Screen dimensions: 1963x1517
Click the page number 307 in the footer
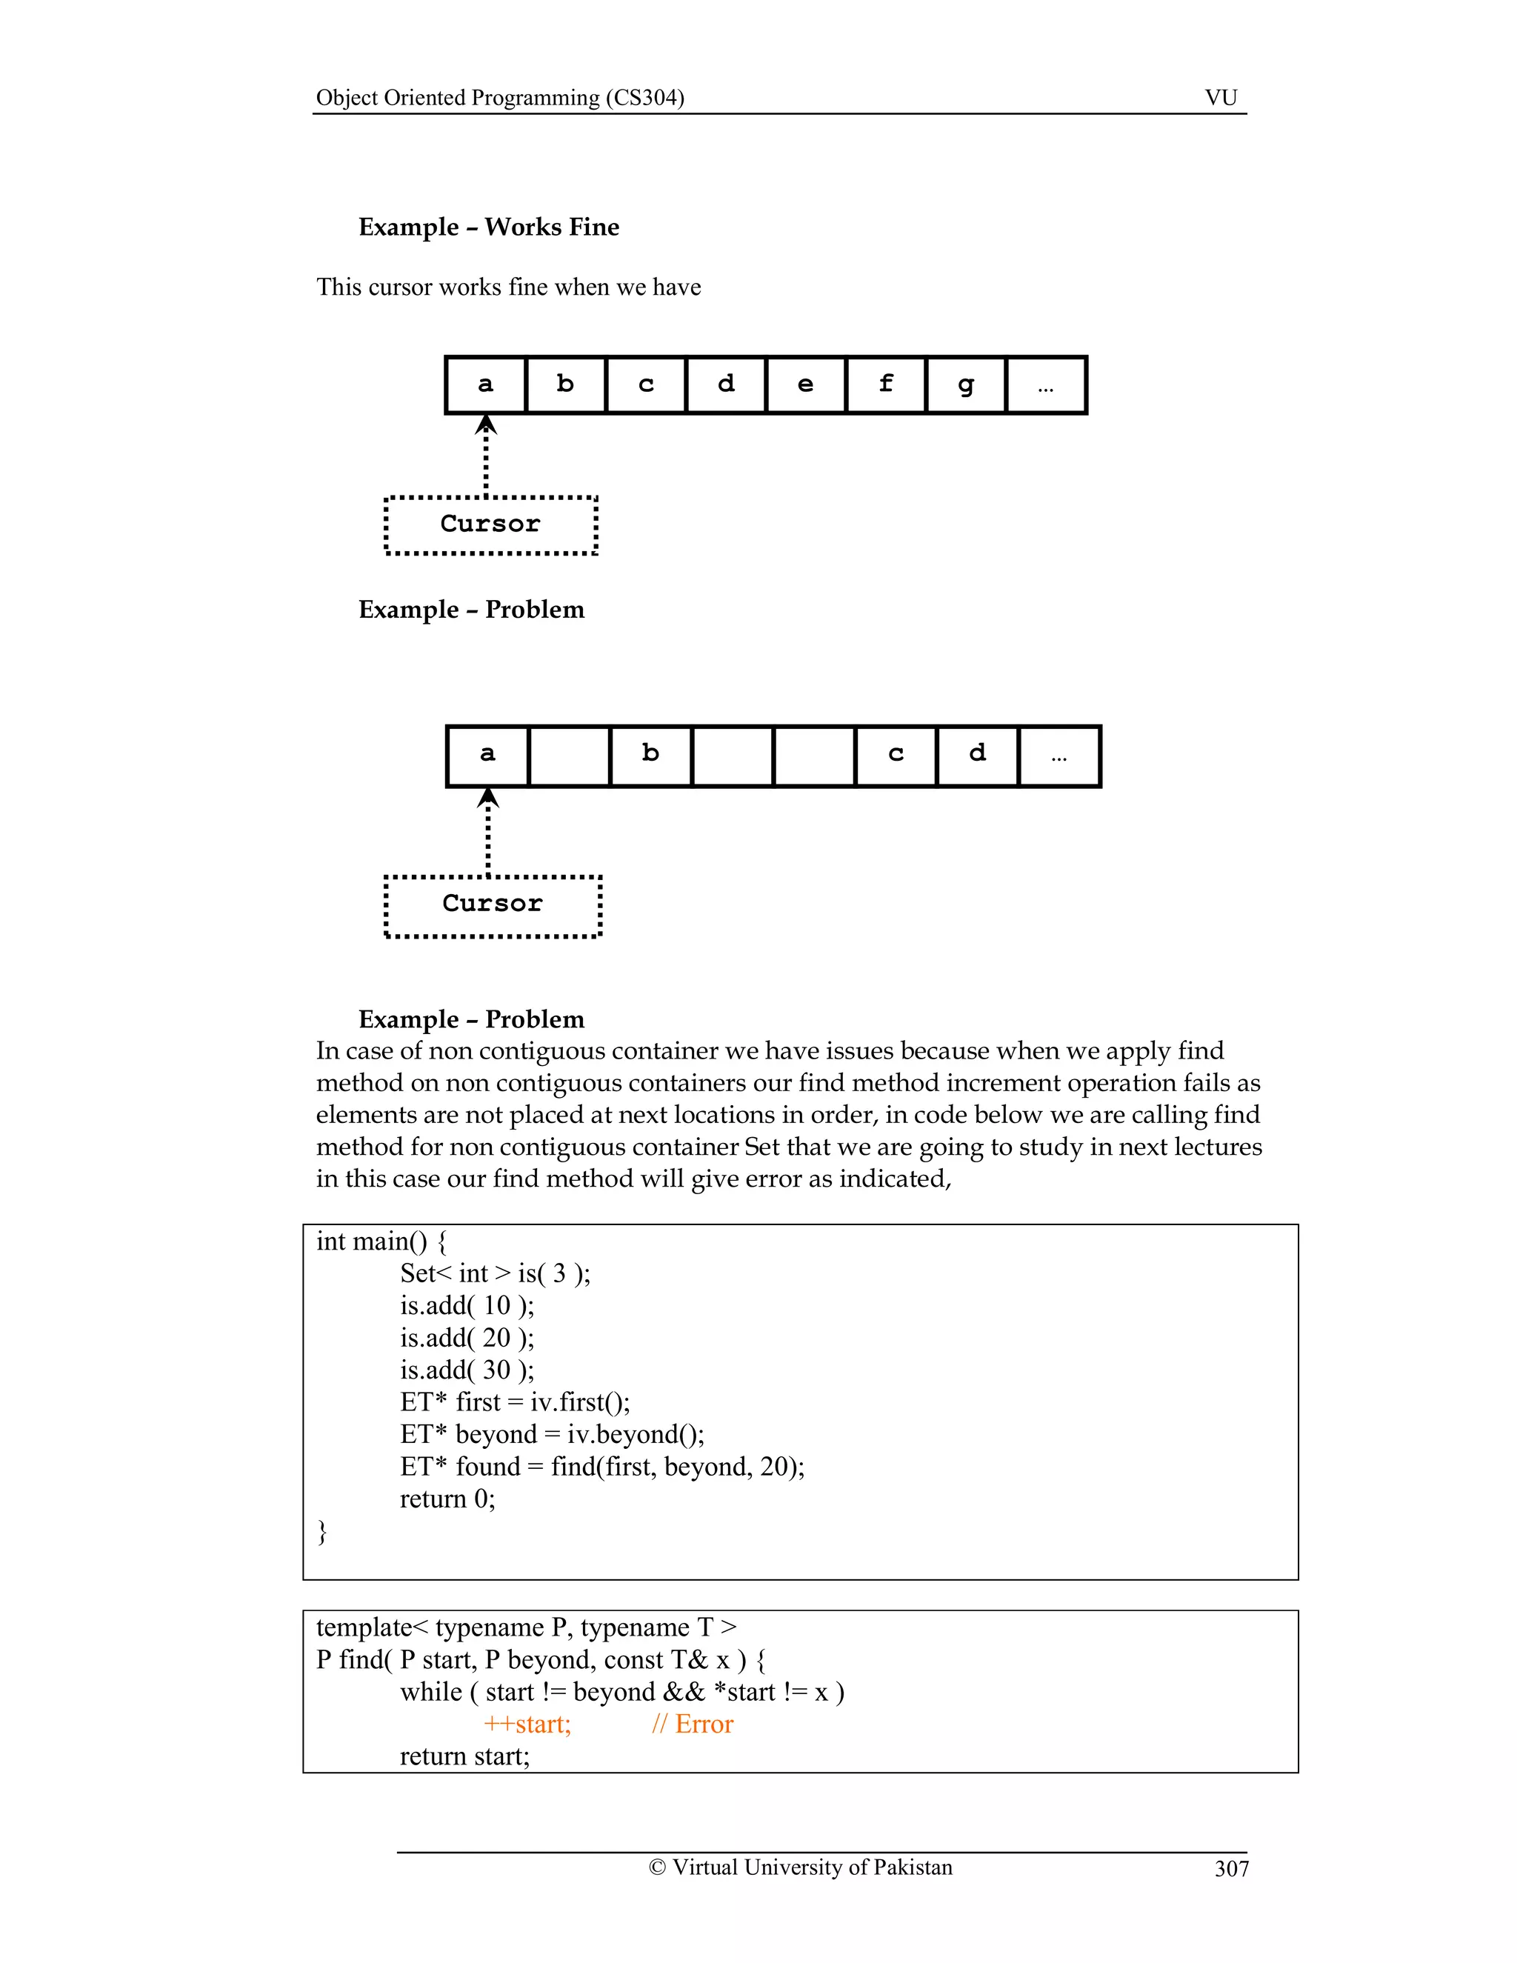tap(1230, 1869)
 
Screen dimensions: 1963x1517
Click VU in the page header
tap(1221, 97)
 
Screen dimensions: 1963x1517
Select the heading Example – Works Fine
tap(488, 227)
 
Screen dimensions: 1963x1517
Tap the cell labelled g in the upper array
tap(965, 384)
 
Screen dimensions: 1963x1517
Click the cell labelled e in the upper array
tap(805, 384)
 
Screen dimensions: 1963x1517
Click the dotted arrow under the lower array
tap(488, 831)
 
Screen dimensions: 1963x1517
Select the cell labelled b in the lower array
tap(650, 755)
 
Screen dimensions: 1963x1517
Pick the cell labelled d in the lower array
tap(977, 755)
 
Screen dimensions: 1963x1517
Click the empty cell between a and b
tap(569, 755)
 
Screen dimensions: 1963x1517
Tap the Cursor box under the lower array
tap(493, 905)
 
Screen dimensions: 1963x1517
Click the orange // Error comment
tap(692, 1724)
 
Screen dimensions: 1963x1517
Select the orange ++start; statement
tap(527, 1724)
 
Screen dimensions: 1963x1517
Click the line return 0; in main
tap(447, 1499)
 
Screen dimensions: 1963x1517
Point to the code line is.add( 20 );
tap(467, 1337)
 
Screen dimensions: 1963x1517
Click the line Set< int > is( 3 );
tap(496, 1273)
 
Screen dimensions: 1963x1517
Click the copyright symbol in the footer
tap(657, 1867)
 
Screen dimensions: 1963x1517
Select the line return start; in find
tap(464, 1756)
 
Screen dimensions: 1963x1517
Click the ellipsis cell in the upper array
tap(1045, 384)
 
